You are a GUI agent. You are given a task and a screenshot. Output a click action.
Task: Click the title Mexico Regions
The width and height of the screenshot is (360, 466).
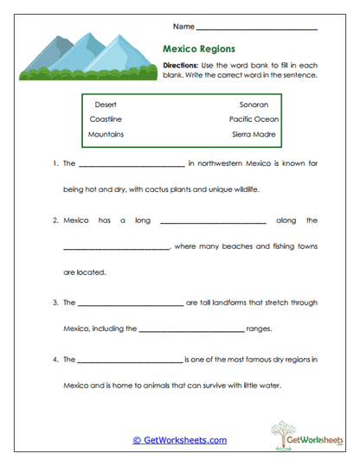[x=199, y=49]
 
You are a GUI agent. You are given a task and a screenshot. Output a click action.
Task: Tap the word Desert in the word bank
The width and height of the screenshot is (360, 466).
[x=105, y=104]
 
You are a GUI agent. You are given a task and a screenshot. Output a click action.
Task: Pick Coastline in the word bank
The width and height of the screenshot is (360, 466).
[x=106, y=119]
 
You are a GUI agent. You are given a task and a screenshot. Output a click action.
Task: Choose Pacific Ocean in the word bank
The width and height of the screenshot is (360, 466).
[x=254, y=119]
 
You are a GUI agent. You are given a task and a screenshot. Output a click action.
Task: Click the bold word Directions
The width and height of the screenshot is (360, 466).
[x=181, y=66]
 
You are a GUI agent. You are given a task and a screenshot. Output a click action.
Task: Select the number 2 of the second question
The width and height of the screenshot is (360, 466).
[x=55, y=220]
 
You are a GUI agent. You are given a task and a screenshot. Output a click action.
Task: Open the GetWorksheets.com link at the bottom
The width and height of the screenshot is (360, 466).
[x=180, y=440]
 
